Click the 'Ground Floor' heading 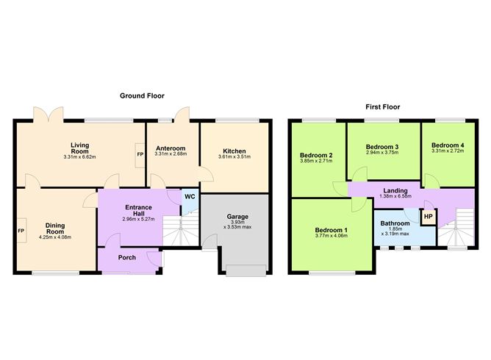[x=143, y=96]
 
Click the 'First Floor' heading [x=382, y=107]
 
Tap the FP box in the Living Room [x=140, y=155]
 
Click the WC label [x=189, y=197]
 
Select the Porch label [x=128, y=258]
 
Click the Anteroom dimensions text [x=172, y=154]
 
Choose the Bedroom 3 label [x=382, y=147]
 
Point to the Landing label [x=395, y=190]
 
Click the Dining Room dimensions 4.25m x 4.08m [x=56, y=236]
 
